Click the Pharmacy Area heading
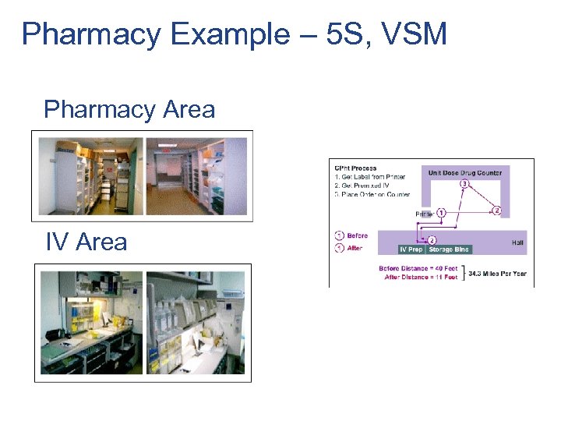(129, 109)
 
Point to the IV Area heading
(86, 242)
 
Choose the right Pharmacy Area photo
(196, 175)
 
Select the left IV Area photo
(91, 322)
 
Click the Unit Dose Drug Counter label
(465, 172)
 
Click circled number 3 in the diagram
(464, 185)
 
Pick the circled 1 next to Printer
(441, 212)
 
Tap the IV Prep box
(411, 249)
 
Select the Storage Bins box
(450, 249)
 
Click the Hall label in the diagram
(517, 242)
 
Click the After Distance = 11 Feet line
(422, 278)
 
